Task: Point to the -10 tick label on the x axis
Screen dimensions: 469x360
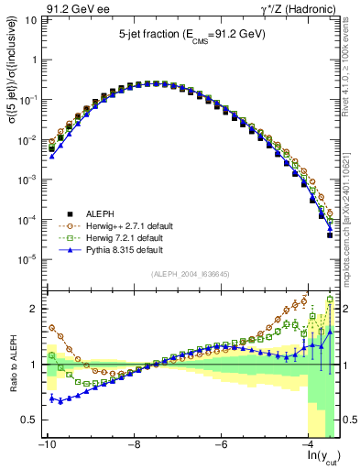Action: (x=45, y=445)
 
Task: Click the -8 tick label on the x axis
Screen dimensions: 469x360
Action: (x=133, y=445)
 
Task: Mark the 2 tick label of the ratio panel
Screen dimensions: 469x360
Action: (x=31, y=309)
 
